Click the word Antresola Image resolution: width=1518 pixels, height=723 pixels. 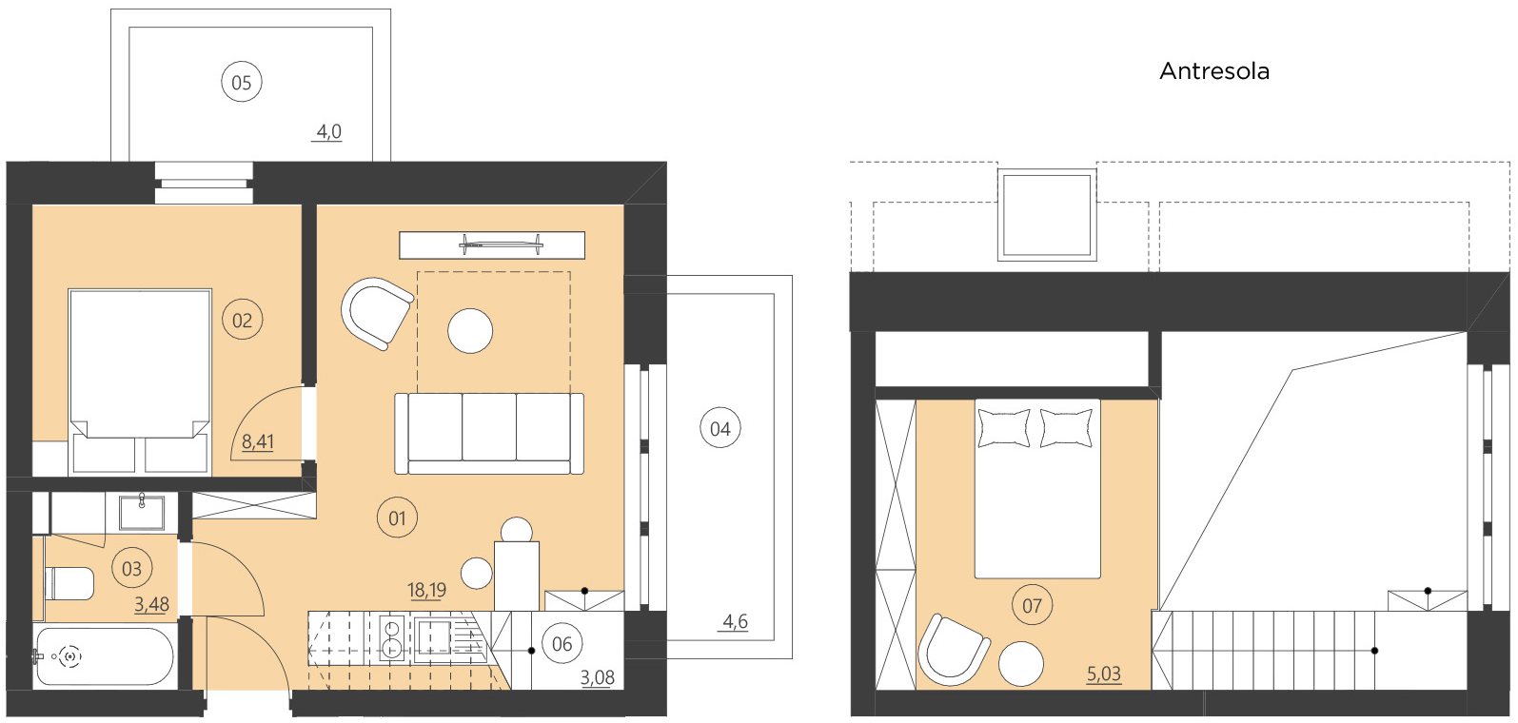click(1213, 71)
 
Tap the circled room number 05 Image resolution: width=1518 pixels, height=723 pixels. click(242, 83)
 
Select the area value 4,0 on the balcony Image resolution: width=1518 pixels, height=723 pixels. click(328, 131)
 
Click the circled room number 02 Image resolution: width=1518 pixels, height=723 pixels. click(243, 321)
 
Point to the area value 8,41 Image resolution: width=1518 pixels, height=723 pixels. click(257, 441)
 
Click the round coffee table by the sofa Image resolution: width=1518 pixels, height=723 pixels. click(470, 331)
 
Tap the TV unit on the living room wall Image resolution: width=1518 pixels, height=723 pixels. click(491, 245)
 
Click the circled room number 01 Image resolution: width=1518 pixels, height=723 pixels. click(397, 518)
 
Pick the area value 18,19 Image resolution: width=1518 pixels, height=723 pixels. click(426, 590)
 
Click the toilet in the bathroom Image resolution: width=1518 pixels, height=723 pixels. click(69, 583)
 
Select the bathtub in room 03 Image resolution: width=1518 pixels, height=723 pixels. click(104, 656)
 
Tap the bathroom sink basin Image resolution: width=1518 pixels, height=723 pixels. click(142, 513)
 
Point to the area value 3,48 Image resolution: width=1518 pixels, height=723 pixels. click(151, 604)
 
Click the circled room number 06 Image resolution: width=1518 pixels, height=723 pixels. click(562, 644)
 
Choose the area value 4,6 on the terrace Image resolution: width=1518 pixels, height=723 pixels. click(735, 621)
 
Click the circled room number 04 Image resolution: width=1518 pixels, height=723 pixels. click(720, 429)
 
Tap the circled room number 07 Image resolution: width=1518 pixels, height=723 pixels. click(1032, 606)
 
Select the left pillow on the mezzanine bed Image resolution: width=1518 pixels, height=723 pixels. click(1004, 427)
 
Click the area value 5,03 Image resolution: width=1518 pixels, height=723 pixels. click(1104, 674)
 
